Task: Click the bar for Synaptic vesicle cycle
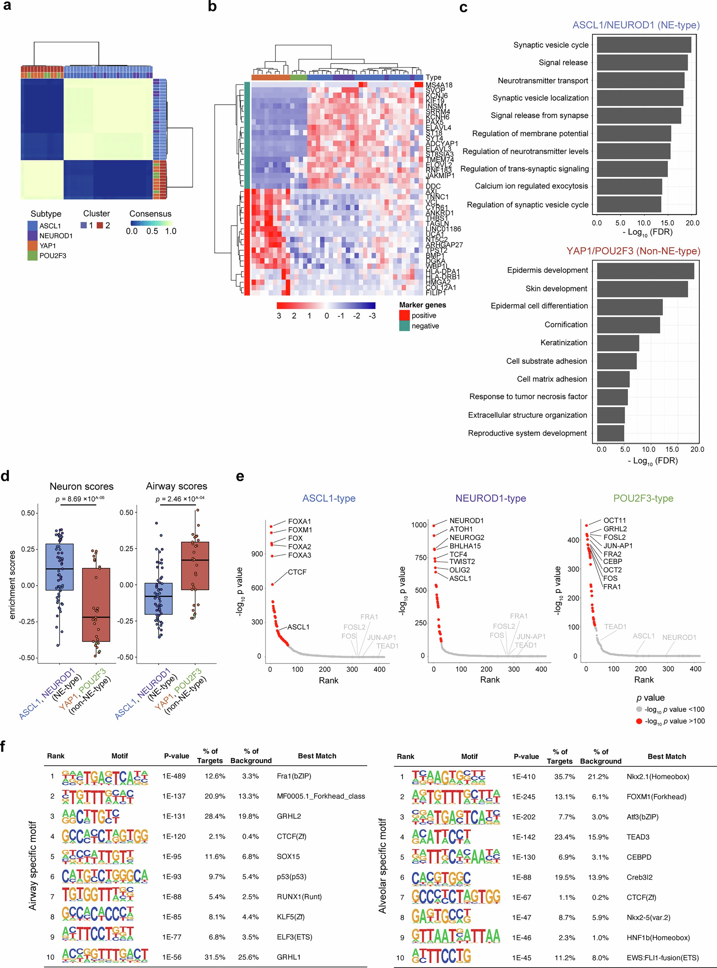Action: pyautogui.click(x=644, y=45)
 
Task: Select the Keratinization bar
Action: pyautogui.click(x=618, y=343)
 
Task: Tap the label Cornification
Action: pyautogui.click(x=566, y=325)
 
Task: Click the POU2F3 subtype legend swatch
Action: pyautogui.click(x=32, y=256)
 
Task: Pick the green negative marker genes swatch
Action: pyautogui.click(x=404, y=326)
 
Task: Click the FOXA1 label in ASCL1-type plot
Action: pyautogui.click(x=300, y=521)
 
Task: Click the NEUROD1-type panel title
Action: pyautogui.click(x=490, y=498)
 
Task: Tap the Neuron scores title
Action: pyautogui.click(x=82, y=486)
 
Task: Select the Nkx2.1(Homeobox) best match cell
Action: pyautogui.click(x=658, y=777)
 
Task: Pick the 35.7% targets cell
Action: pyautogui.click(x=564, y=777)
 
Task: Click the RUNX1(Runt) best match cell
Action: pyautogui.click(x=299, y=897)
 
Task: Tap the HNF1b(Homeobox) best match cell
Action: pyautogui.click(x=658, y=938)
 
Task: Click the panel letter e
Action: pyautogui.click(x=240, y=476)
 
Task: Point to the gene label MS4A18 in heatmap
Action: pyautogui.click(x=439, y=85)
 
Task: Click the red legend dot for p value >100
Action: pyautogui.click(x=639, y=721)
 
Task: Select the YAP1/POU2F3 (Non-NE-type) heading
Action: pyautogui.click(x=633, y=251)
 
